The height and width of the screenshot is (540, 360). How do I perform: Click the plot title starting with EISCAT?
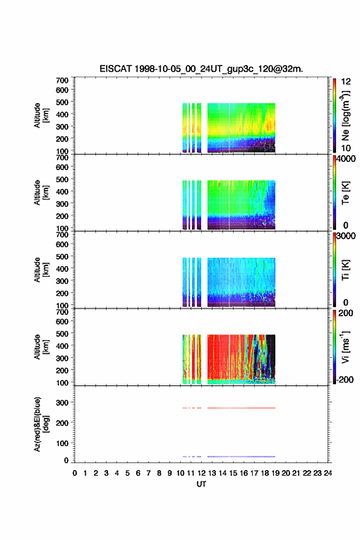point(201,69)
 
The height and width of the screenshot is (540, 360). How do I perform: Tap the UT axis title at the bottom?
point(201,484)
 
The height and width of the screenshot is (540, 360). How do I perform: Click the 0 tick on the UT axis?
point(75,473)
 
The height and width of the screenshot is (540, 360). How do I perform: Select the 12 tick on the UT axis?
point(201,473)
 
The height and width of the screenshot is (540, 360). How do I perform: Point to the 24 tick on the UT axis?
point(327,473)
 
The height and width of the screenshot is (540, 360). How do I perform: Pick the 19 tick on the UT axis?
point(275,473)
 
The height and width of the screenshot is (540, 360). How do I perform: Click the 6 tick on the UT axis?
point(138,473)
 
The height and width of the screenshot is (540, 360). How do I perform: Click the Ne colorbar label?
point(345,116)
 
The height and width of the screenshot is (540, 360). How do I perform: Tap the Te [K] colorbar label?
point(345,193)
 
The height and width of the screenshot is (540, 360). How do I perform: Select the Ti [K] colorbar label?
point(345,270)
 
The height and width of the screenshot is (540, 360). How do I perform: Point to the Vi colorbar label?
point(345,347)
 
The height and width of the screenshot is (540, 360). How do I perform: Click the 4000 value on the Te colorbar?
point(346,159)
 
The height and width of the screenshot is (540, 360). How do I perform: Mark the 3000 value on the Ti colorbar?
point(346,236)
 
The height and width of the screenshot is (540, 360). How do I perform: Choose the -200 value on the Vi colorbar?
point(344,379)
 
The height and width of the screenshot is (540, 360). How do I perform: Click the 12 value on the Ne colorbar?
point(346,82)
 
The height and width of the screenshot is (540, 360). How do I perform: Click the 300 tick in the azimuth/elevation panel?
point(63,403)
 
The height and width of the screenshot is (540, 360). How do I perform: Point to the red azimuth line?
point(229,408)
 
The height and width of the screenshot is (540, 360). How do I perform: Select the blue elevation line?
point(229,457)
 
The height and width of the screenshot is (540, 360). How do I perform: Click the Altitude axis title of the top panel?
point(41,116)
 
